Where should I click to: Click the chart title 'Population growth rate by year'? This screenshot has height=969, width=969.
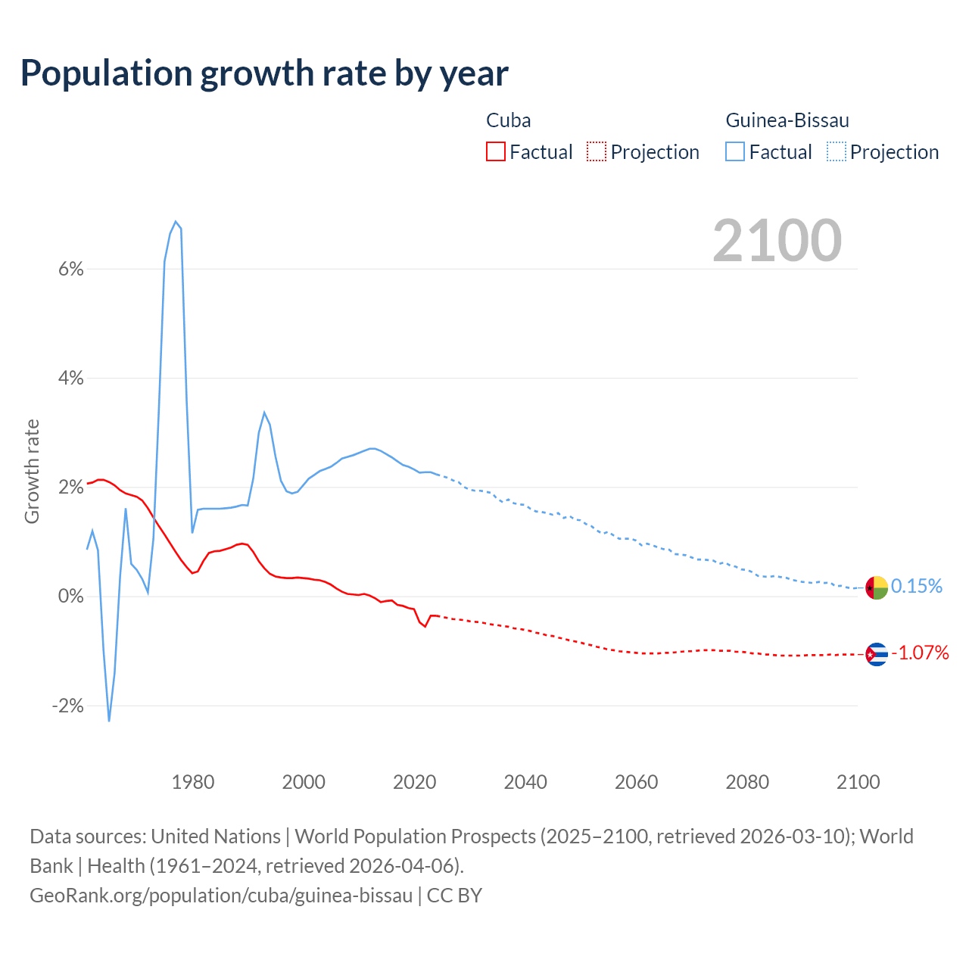tap(264, 73)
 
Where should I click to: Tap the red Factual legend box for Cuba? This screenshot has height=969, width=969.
tap(495, 151)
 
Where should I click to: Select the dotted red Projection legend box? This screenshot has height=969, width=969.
tap(597, 151)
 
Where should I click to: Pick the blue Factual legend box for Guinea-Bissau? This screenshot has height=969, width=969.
tap(734, 151)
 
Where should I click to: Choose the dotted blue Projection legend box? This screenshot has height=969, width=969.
tap(837, 151)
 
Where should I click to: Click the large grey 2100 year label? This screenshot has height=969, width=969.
tap(777, 241)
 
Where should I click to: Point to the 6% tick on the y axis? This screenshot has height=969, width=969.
tap(70, 269)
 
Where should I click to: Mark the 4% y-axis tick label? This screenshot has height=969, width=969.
tap(70, 378)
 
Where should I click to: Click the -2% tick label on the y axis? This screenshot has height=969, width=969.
tap(67, 706)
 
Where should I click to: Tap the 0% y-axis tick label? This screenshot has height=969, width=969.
tap(70, 597)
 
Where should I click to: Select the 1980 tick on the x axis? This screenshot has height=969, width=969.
tap(193, 782)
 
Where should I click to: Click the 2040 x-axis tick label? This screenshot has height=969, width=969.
tap(525, 782)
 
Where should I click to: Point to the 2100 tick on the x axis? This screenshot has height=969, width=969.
tap(858, 782)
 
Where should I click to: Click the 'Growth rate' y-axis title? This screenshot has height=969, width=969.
tap(32, 471)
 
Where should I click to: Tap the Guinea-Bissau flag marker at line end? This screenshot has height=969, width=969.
tap(877, 587)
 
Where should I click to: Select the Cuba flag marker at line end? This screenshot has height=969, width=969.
tap(877, 653)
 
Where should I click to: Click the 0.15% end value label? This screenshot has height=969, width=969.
tap(917, 586)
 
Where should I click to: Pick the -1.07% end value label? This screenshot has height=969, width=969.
tap(920, 653)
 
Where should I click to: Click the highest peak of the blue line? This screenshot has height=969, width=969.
tap(176, 221)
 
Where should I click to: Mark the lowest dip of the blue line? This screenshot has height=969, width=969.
tap(109, 721)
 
